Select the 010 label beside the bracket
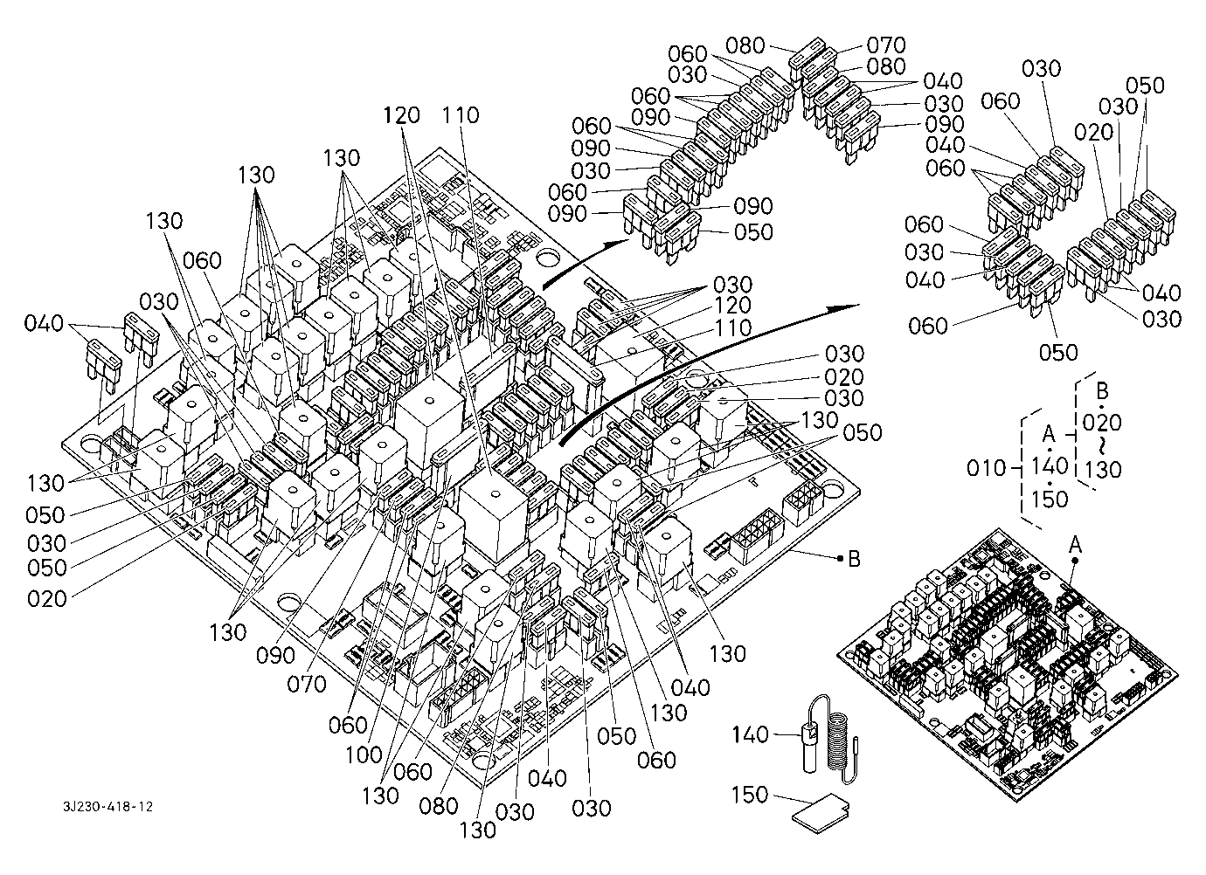987,468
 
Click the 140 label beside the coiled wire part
751,735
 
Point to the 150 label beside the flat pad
751,795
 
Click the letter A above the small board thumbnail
1076,543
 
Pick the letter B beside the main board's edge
854,559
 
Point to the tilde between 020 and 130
1102,446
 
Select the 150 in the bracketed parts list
1050,499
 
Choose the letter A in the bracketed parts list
1050,434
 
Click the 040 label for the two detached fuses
44,324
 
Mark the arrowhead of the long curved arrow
852,307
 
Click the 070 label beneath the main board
307,683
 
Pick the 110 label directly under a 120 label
732,328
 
